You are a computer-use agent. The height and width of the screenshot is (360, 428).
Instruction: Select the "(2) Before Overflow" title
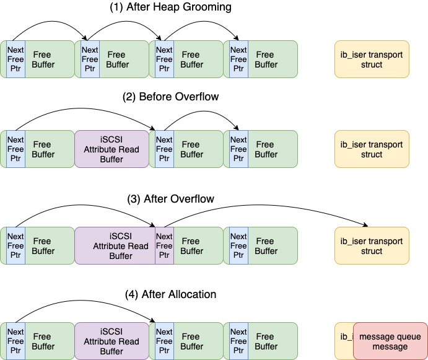(x=179, y=97)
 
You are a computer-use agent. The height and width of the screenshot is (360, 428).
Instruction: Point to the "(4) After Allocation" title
(x=179, y=294)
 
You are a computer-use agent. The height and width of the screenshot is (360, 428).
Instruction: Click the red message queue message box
(x=390, y=341)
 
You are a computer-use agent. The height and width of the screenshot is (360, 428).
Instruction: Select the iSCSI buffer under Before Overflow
(x=111, y=149)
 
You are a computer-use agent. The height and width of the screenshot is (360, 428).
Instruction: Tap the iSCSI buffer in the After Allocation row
(x=111, y=341)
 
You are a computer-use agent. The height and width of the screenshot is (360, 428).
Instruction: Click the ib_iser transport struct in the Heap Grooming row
(x=372, y=59)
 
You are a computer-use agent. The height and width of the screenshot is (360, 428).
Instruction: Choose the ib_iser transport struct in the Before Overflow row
(x=372, y=149)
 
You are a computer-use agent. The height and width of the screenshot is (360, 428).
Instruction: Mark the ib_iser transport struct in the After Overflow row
(x=372, y=246)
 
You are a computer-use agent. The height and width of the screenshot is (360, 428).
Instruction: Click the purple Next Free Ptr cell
(x=164, y=246)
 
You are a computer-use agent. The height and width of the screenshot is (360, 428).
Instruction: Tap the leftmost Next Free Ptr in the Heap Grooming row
(x=15, y=59)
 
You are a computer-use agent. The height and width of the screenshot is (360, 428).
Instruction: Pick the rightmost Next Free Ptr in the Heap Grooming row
(x=238, y=59)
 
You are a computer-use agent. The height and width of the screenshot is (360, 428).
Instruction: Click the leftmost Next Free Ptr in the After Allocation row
(x=15, y=341)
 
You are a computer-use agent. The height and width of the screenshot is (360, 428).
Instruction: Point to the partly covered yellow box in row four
(x=343, y=338)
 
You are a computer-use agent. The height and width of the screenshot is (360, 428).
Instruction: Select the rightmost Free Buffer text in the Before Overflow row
(x=266, y=149)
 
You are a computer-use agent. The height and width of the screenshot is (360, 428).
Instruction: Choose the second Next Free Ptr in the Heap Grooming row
(x=90, y=59)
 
